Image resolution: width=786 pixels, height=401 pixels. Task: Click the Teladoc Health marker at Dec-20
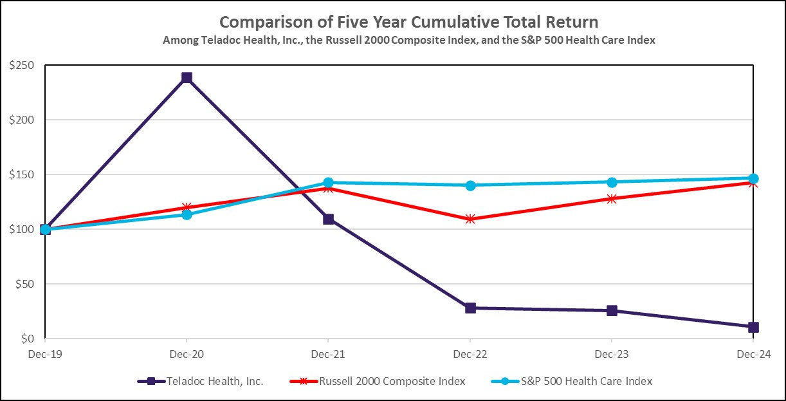pos(187,78)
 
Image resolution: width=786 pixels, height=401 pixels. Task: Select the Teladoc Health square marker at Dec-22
pos(470,308)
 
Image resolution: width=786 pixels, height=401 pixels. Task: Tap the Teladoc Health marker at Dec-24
pos(753,327)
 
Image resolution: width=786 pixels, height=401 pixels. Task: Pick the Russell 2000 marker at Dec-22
pos(470,219)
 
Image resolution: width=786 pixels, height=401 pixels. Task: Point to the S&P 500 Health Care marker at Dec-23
pos(612,182)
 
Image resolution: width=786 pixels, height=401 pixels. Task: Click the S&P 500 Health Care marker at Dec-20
pos(187,214)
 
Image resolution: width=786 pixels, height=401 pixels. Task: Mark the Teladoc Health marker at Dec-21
pos(329,219)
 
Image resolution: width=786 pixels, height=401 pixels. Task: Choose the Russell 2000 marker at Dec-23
pos(612,198)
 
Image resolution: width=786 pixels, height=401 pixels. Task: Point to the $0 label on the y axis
pos(30,339)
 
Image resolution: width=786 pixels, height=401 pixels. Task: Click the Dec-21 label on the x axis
pos(329,353)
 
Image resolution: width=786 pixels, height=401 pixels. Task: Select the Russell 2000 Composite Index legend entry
pos(392,381)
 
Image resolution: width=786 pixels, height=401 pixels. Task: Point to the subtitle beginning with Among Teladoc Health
pos(408,40)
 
